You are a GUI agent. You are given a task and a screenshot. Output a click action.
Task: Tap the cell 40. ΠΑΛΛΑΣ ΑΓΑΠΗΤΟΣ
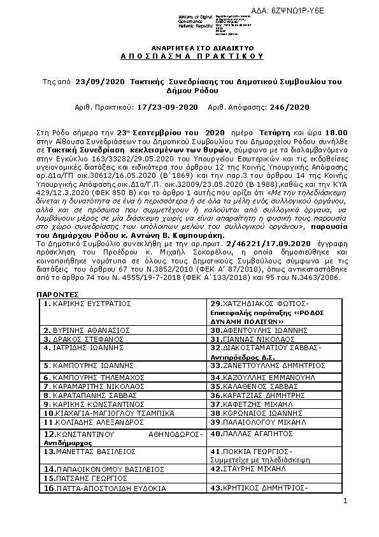tap(247, 434)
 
